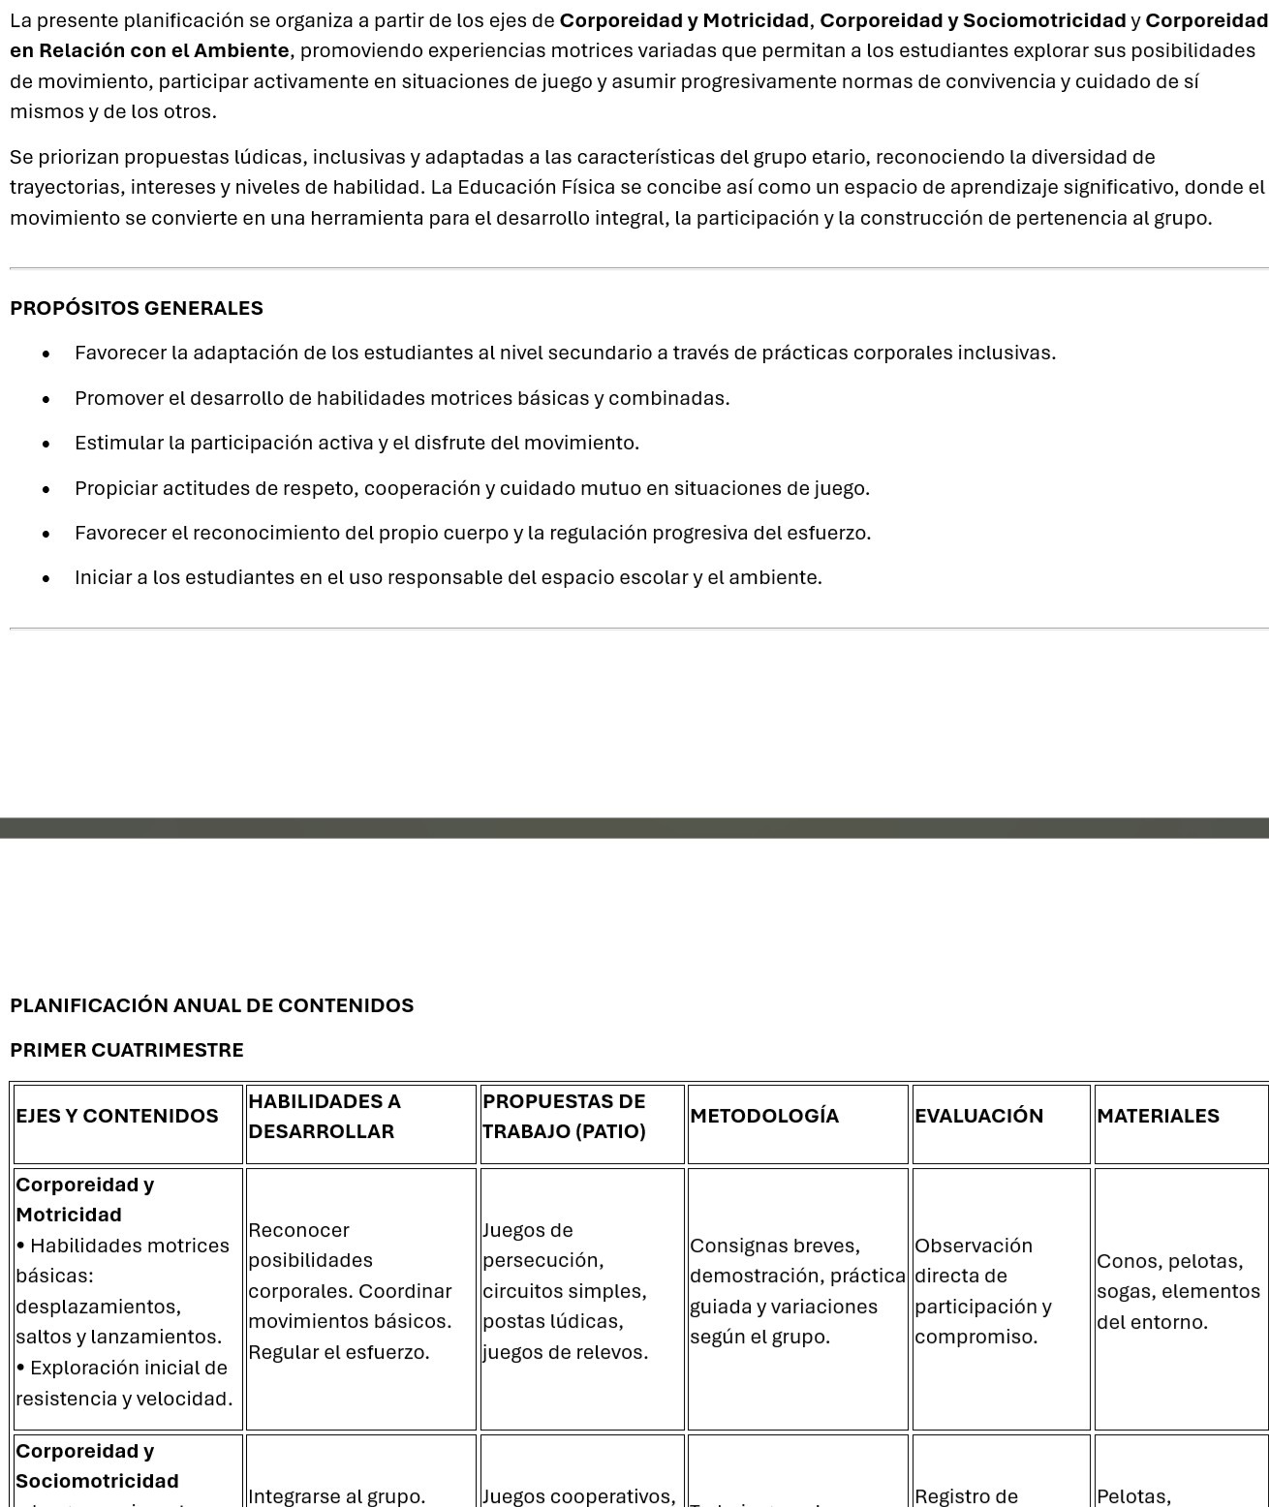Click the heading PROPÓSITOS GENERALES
click(137, 308)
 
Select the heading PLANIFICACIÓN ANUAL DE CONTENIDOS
click(211, 1005)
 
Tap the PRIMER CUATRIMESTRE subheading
click(127, 1050)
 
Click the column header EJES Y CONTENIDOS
click(117, 1116)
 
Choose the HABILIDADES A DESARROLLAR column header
click(325, 1116)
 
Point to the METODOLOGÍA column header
click(764, 1116)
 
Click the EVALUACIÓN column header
click(978, 1116)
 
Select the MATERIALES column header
click(1158, 1116)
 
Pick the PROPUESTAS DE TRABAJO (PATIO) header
click(564, 1116)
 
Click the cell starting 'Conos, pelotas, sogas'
click(1178, 1291)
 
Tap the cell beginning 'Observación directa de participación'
click(982, 1291)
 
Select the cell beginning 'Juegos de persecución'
click(565, 1291)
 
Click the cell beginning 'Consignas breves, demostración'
click(796, 1291)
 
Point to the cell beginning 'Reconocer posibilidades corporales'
click(350, 1291)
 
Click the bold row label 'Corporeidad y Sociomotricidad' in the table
click(97, 1465)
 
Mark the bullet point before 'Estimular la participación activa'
click(46, 445)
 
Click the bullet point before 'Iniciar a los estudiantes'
click(46, 579)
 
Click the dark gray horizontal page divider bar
click(634, 828)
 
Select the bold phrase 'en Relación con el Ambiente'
click(149, 50)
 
